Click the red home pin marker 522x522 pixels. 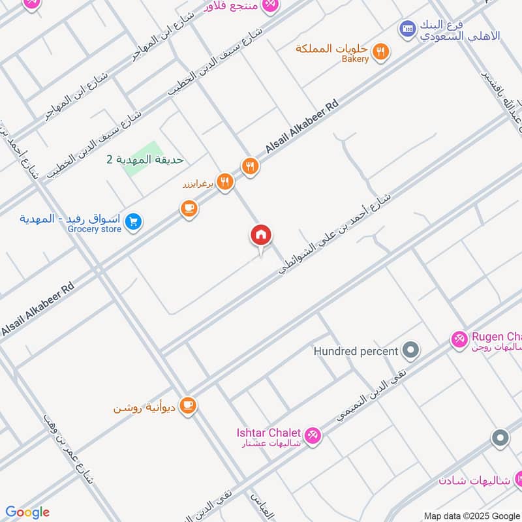coord(261,236)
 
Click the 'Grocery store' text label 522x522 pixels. coord(95,229)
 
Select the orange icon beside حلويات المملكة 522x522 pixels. coord(382,50)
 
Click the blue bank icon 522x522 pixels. coord(408,29)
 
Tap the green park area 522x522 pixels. coord(143,159)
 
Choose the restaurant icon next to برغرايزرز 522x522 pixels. coord(225,183)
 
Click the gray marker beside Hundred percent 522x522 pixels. coord(410,351)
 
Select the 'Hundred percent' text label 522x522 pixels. coord(356,351)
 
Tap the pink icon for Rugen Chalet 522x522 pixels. coord(459,338)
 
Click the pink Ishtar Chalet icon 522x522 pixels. coord(313,434)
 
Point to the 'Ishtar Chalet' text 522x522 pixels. coord(268,433)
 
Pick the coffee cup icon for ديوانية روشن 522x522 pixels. coord(188,406)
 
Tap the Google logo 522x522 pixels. coord(27,512)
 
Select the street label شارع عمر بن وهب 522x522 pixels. coord(68,450)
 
